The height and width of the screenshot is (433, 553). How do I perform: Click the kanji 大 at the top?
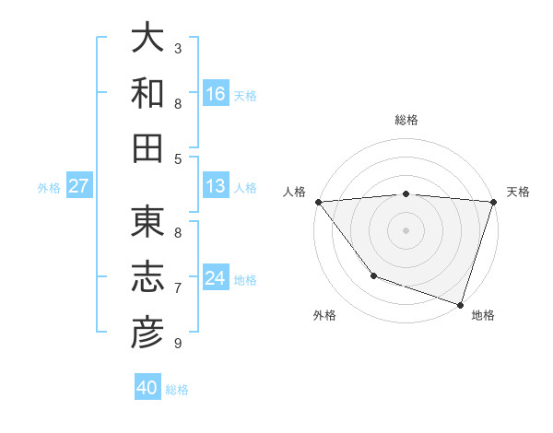point(147,38)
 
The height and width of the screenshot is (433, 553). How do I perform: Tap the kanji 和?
point(147,93)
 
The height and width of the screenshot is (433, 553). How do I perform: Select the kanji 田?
point(147,148)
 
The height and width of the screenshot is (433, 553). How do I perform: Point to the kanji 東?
point(147,222)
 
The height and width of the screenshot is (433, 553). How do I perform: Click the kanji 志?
point(147,277)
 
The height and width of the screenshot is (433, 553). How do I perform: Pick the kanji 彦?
point(147,333)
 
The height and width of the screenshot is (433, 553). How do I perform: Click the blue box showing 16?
point(216,94)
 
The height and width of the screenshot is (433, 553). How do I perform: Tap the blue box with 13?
point(216,186)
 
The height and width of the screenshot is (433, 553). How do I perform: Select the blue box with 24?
point(216,278)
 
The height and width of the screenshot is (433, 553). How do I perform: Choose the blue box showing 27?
point(79,186)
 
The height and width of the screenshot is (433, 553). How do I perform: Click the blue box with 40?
point(147,388)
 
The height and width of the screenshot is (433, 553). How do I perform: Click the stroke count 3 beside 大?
point(178,48)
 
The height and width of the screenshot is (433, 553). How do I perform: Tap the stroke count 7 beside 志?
point(178,288)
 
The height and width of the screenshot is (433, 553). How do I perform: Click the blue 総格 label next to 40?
point(177,390)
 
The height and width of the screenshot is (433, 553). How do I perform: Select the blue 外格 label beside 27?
point(49,188)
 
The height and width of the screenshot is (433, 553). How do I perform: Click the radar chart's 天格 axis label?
point(518,192)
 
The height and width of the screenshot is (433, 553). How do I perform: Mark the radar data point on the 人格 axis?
point(318,202)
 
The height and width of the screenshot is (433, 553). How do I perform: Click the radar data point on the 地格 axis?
point(460,304)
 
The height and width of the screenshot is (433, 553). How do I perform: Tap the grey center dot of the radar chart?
point(406,229)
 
